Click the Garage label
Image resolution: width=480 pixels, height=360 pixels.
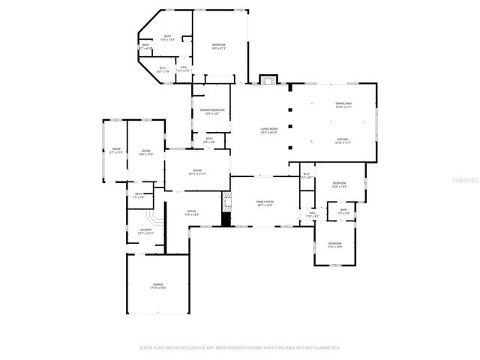[158, 286]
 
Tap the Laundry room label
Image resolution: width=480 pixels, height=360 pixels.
[145, 231]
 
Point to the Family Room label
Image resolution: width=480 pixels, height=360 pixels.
[265, 203]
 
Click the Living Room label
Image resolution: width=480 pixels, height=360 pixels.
[269, 131]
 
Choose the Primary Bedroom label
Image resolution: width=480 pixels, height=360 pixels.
[212, 112]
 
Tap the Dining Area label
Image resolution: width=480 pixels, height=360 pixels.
[343, 105]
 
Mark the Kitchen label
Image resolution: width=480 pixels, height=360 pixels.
[343, 140]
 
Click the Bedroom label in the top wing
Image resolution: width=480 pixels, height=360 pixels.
[218, 46]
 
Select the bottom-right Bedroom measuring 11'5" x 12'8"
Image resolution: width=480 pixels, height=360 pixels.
[334, 244]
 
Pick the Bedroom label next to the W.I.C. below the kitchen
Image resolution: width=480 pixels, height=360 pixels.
[339, 184]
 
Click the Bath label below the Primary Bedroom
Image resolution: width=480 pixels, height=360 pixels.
[209, 139]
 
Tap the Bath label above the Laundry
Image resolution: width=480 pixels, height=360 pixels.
[139, 196]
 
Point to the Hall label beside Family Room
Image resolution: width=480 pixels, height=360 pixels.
[312, 214]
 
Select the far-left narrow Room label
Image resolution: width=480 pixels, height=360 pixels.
[116, 151]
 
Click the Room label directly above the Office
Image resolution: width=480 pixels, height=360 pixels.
[197, 172]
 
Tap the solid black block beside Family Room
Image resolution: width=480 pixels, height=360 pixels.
[226, 219]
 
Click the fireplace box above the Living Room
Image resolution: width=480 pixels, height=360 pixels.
[268, 79]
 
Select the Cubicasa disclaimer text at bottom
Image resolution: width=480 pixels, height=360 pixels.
[240, 348]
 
